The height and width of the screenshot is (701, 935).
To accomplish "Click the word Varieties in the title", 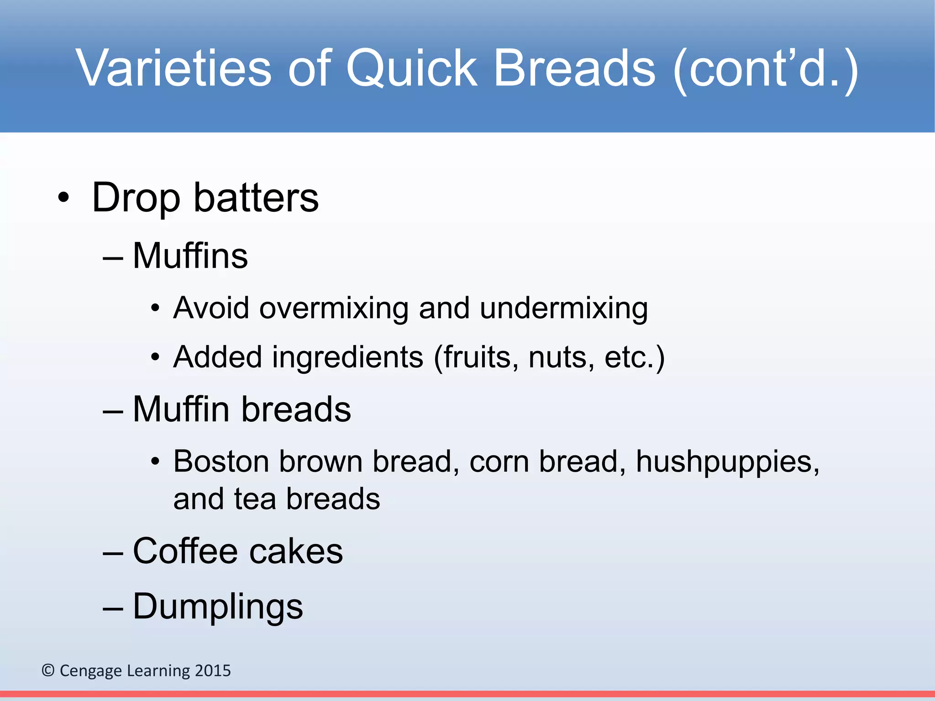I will (174, 68).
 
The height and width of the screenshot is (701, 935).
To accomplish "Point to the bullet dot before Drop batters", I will (64, 199).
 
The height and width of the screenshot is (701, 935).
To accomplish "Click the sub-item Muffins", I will (190, 256).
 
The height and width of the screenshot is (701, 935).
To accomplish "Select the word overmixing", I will (334, 308).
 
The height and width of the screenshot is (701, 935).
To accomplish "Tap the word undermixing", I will (563, 309).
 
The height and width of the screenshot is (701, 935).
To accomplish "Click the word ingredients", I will (347, 357).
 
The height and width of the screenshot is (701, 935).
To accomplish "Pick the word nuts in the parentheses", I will (561, 357).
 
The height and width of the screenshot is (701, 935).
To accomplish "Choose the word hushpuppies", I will (727, 462).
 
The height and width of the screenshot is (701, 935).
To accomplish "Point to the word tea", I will (255, 499).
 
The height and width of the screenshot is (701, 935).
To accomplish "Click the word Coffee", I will (185, 551).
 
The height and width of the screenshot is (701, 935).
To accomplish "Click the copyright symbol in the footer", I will (48, 670).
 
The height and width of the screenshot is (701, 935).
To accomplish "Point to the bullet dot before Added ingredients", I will (155, 357).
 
